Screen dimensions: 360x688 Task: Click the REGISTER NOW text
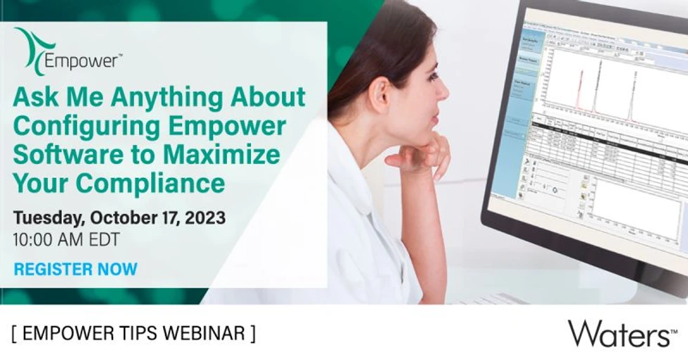tap(76, 269)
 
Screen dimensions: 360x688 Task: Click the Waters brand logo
tap(618, 333)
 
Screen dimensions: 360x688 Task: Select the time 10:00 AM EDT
tap(66, 239)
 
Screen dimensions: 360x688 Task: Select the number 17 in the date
tap(157, 218)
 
